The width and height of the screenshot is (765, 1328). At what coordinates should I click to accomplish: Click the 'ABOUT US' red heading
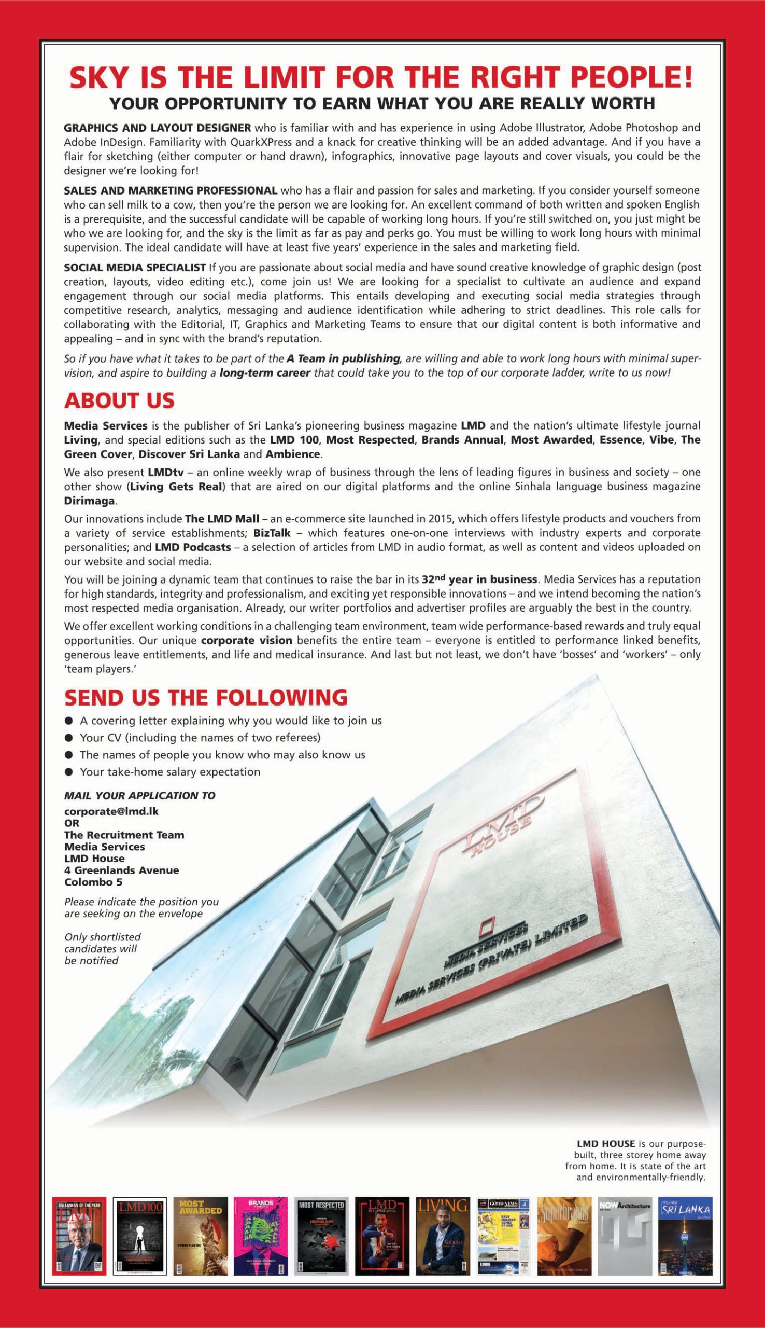(x=119, y=401)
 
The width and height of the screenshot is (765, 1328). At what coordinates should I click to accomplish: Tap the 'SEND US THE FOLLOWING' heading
(x=205, y=698)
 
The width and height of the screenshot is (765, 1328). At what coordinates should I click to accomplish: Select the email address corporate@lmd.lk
(x=111, y=811)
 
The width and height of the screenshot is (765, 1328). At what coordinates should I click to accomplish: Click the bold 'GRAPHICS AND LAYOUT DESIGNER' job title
(x=157, y=128)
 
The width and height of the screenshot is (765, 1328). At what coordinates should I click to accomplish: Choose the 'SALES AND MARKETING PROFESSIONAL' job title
(x=170, y=190)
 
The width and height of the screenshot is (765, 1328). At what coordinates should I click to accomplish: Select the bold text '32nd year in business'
(x=479, y=580)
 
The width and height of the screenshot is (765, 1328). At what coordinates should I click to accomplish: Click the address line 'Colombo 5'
(x=93, y=882)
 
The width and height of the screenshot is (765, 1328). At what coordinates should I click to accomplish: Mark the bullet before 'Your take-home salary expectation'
(x=68, y=772)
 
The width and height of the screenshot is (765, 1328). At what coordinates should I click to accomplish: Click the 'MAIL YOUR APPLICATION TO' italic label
(x=139, y=795)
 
